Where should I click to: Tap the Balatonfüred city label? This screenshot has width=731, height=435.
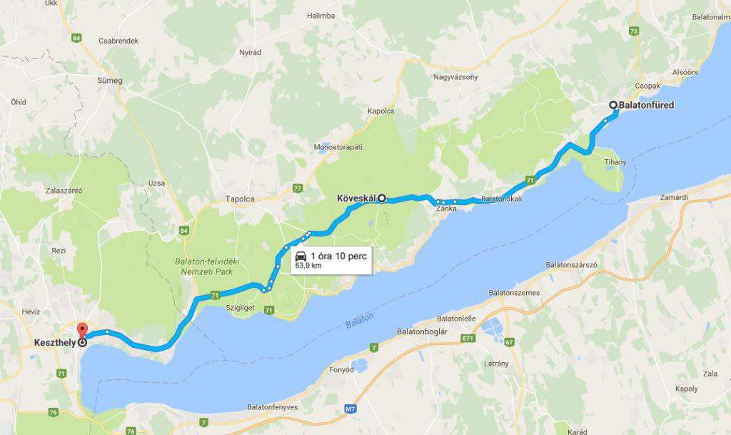pyautogui.click(x=646, y=105)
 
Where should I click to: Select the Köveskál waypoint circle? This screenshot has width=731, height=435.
pyautogui.click(x=382, y=198)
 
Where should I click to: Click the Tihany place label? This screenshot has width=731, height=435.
pyautogui.click(x=615, y=162)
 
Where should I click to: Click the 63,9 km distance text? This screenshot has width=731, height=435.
pyautogui.click(x=308, y=266)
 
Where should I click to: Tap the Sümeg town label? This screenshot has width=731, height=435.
pyautogui.click(x=110, y=81)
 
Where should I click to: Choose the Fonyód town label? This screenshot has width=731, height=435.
pyautogui.click(x=341, y=370)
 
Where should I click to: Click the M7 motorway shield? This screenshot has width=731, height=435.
pyautogui.click(x=350, y=409)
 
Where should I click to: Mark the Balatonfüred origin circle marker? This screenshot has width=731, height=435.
pyautogui.click(x=613, y=105)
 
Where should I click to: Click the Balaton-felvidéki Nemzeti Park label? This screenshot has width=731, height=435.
pyautogui.click(x=207, y=266)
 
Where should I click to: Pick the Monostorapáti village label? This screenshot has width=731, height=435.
pyautogui.click(x=338, y=146)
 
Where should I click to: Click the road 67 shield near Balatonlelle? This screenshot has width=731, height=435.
pyautogui.click(x=509, y=342)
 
